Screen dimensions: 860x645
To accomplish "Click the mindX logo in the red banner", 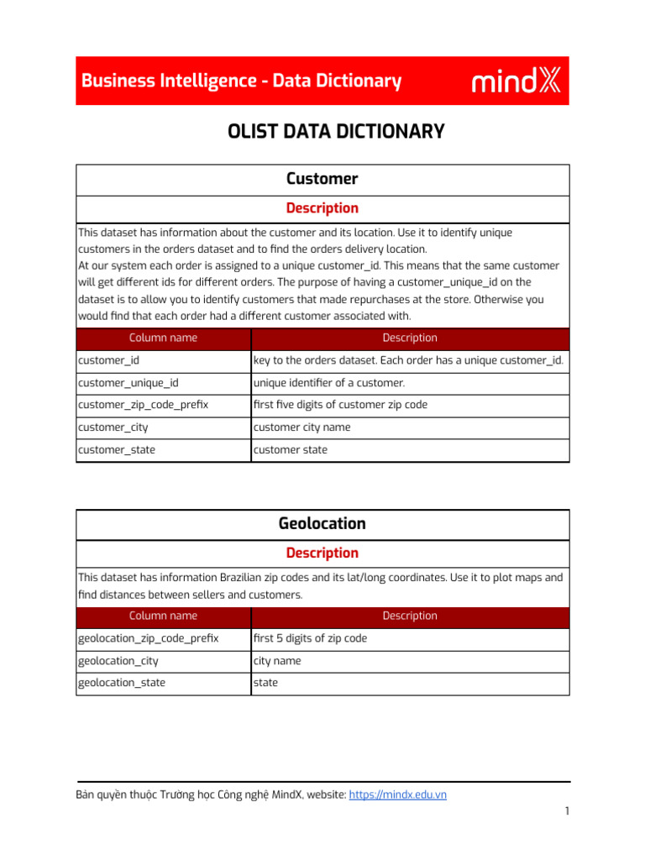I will tap(517, 81).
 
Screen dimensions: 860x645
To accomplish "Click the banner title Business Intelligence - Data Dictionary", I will tap(241, 81).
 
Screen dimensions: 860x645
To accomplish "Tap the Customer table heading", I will tap(322, 179).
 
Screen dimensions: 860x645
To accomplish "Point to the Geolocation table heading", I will tap(322, 524).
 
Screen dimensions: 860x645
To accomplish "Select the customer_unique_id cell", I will tap(128, 383).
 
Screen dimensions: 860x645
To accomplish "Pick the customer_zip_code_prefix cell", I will tap(143, 405).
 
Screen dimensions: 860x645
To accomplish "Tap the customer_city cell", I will tap(113, 427).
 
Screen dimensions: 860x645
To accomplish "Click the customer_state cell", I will tap(117, 450).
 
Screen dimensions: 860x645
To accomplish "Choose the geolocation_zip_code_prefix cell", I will tap(148, 638).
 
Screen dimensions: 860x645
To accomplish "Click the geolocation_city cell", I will tap(118, 661).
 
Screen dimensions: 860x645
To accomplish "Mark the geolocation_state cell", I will tap(122, 683).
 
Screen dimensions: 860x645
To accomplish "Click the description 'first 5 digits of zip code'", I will tap(310, 638).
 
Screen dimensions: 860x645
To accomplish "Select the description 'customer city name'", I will tap(302, 427).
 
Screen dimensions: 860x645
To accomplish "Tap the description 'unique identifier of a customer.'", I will tap(329, 383).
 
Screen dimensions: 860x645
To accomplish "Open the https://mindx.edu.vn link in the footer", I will tap(397, 794).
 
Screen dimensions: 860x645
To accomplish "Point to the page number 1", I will tap(568, 811).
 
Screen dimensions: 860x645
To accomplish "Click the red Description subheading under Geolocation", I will tap(322, 553).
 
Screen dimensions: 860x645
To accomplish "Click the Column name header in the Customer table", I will tap(163, 338).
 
